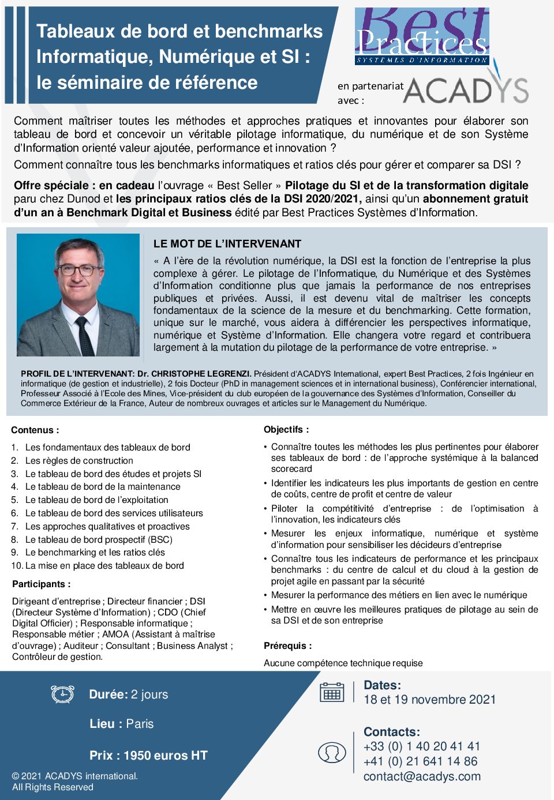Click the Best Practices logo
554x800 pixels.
422,36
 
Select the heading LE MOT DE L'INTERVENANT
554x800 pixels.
227,244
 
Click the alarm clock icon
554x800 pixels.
62,694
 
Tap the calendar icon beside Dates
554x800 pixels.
332,692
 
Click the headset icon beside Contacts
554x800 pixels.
332,752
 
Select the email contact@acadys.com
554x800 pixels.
422,776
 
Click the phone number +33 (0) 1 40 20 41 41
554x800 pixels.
421,746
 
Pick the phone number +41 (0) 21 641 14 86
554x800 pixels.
420,761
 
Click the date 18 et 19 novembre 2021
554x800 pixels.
429,700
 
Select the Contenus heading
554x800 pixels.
35,430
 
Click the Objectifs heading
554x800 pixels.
286,430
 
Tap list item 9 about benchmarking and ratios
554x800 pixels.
95,553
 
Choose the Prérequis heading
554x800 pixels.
287,646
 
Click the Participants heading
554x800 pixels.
42,584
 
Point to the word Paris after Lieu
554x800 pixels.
140,724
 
